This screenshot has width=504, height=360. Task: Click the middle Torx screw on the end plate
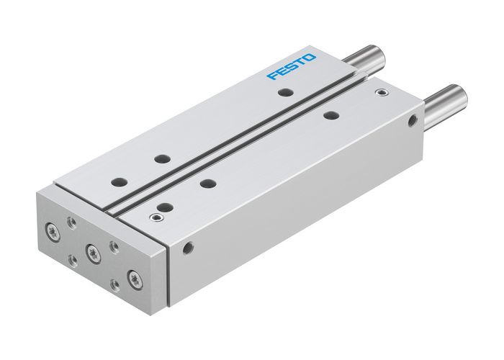[92, 251]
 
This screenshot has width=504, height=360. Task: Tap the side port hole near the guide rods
[413, 121]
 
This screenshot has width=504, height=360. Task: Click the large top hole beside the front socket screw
[166, 206]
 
